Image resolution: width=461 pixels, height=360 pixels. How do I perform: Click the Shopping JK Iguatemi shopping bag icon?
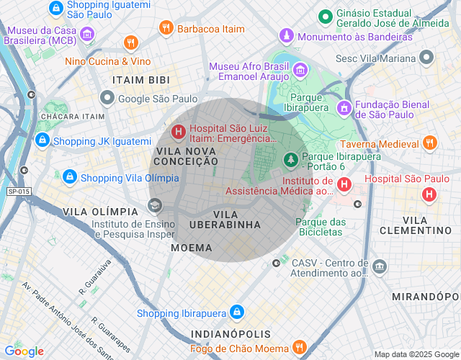point(42,139)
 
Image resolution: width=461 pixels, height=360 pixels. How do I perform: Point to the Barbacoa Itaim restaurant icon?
point(166,28)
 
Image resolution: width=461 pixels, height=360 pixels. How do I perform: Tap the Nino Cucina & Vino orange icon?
point(130,42)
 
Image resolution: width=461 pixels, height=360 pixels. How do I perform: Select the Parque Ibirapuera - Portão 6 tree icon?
point(290,158)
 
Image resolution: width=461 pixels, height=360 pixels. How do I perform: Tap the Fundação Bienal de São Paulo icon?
point(344,107)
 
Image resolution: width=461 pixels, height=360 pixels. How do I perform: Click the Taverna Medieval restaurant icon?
point(430,142)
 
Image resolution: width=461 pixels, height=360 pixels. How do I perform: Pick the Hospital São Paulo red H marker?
point(429,194)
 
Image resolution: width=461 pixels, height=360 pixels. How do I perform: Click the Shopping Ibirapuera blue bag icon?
point(236,312)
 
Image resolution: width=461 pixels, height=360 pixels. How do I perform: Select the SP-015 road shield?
point(19,191)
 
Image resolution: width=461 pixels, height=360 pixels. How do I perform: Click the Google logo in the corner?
point(24,351)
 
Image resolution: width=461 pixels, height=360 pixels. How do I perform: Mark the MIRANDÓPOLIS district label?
point(425,297)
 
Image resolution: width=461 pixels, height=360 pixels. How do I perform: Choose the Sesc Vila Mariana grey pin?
point(427,56)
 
